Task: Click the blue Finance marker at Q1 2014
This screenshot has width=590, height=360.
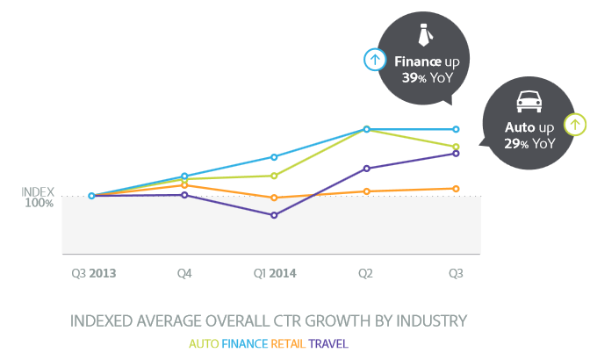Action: [x=274, y=157]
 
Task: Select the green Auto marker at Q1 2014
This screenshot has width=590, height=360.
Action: [x=274, y=176]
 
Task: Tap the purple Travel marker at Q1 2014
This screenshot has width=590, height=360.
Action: [x=274, y=215]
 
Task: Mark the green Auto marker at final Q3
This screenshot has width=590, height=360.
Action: [x=456, y=147]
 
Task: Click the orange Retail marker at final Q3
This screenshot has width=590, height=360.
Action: [x=456, y=188]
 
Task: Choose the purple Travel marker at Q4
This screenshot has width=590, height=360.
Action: [x=184, y=195]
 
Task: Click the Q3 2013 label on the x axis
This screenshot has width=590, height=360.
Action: [x=94, y=274]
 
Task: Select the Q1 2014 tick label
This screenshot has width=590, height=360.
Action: [x=275, y=274]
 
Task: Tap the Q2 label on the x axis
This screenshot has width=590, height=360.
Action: [x=365, y=274]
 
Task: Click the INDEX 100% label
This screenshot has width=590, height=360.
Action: [x=38, y=198]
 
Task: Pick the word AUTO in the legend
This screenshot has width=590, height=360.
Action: [x=205, y=342]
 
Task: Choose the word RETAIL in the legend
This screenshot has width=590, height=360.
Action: [x=288, y=342]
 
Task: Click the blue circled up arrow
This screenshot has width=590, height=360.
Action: [x=375, y=60]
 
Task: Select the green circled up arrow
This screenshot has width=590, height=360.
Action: [x=575, y=125]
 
